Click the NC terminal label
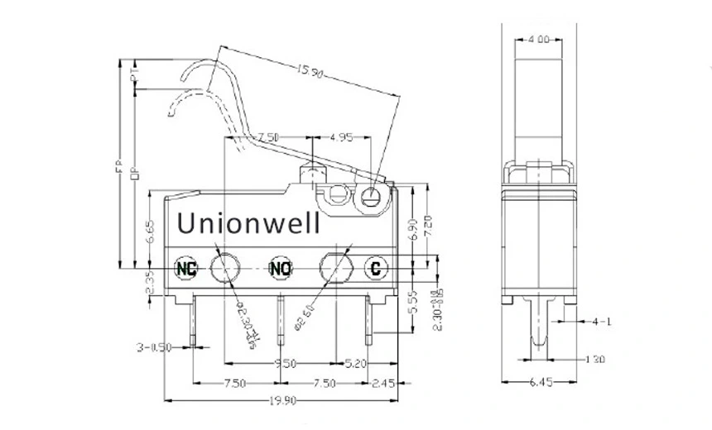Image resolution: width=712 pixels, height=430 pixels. click(x=188, y=268)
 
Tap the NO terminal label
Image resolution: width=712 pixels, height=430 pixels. click(x=281, y=268)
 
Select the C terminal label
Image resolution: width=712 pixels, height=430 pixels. click(x=376, y=268)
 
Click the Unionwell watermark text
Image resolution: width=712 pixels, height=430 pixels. click(x=253, y=223)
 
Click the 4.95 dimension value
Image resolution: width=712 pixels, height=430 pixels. click(x=342, y=136)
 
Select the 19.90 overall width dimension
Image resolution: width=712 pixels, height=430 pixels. click(x=282, y=401)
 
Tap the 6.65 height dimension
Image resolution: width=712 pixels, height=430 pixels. click(x=150, y=232)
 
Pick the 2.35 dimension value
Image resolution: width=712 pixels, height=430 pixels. click(x=150, y=282)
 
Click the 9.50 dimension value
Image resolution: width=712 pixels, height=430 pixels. click(x=286, y=362)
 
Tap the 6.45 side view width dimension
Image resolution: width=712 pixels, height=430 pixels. click(x=540, y=383)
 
